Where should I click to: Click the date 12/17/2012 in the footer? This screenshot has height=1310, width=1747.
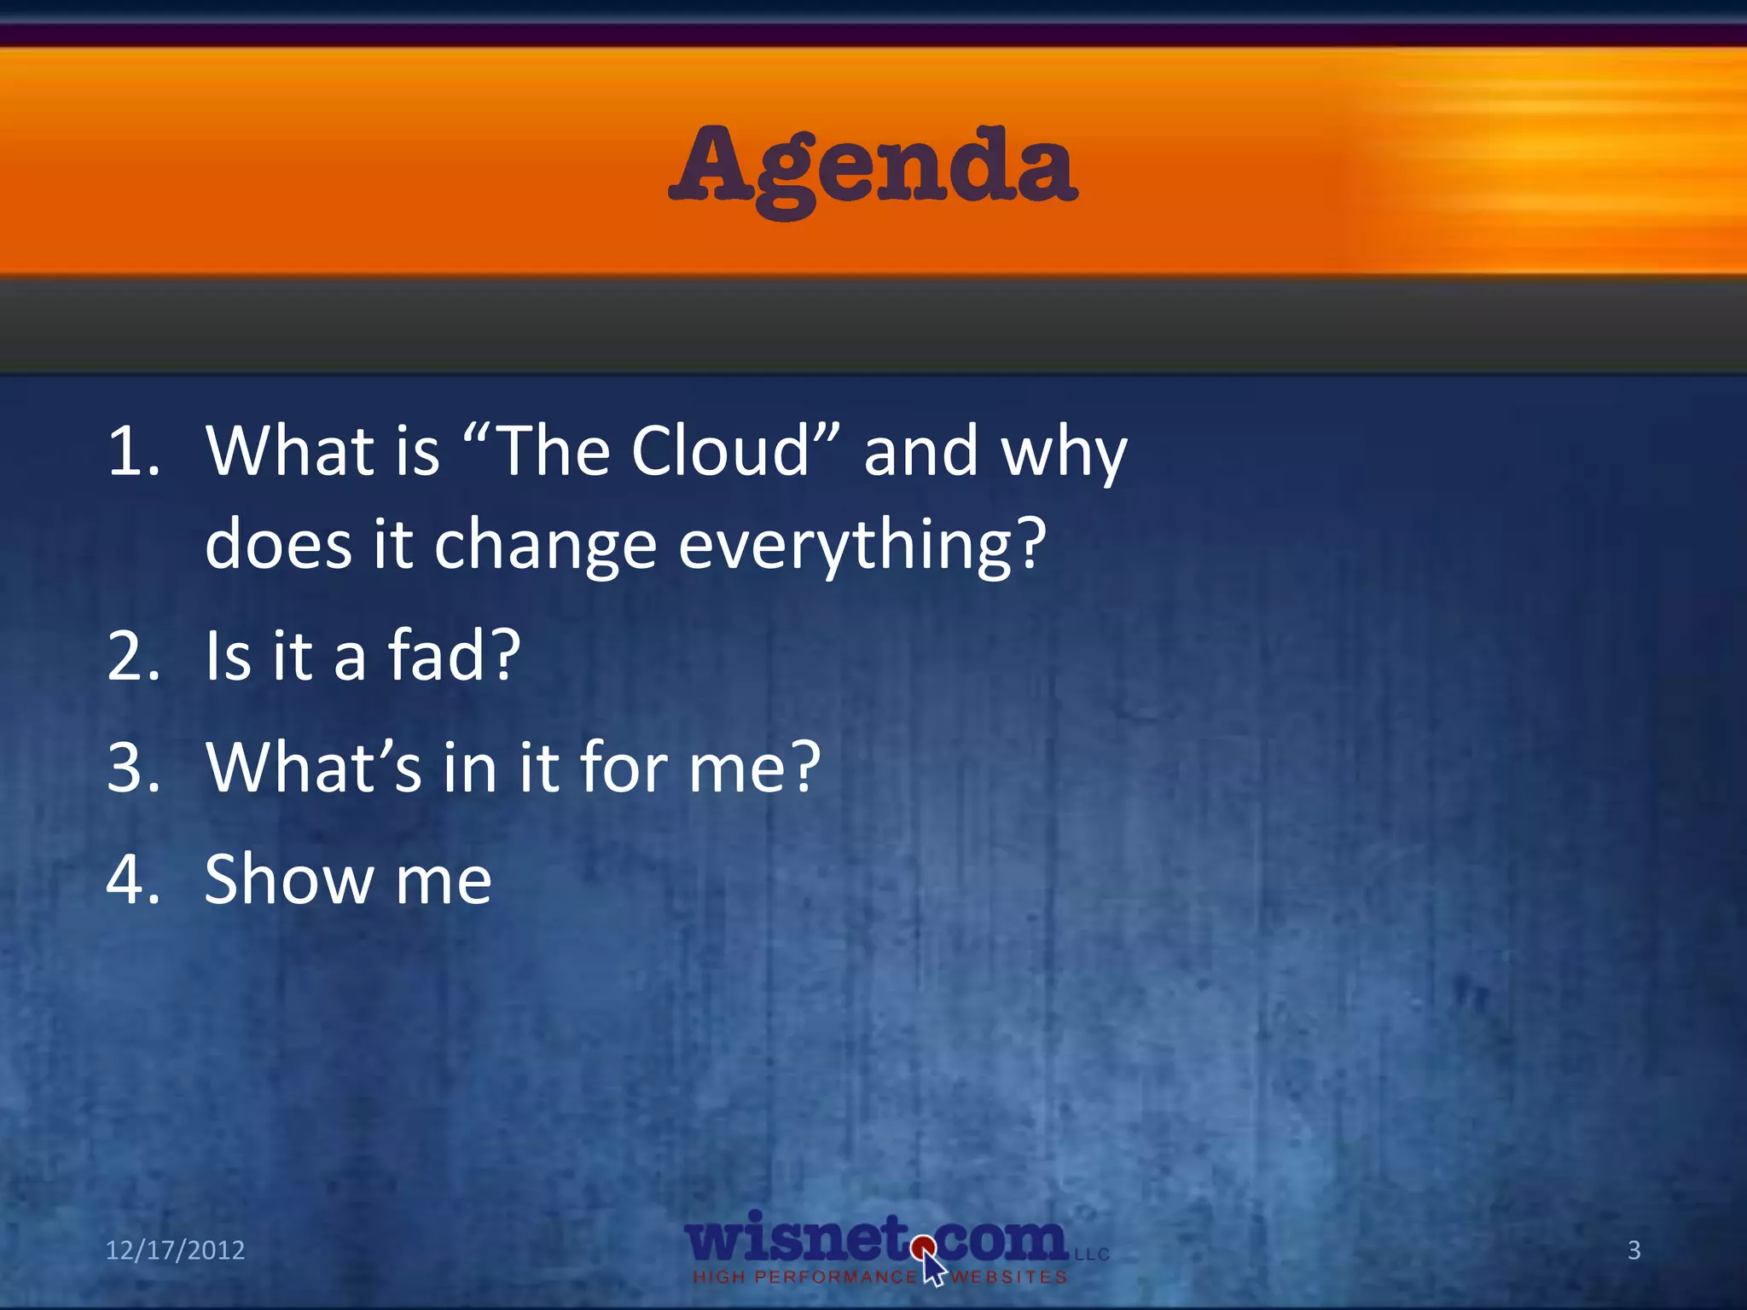175,1250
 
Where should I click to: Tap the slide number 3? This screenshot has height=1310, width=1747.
1634,1250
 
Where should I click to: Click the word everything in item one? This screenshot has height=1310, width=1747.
862,546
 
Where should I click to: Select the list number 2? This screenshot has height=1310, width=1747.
132,656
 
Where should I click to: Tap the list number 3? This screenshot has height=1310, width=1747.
132,767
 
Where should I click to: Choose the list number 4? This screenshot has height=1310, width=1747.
132,879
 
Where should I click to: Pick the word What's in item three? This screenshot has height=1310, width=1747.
313,767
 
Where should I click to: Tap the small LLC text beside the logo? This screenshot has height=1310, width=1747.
1092,1255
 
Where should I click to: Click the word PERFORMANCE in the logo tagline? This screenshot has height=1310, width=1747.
835,1278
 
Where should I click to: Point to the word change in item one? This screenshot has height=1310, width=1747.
545,546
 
